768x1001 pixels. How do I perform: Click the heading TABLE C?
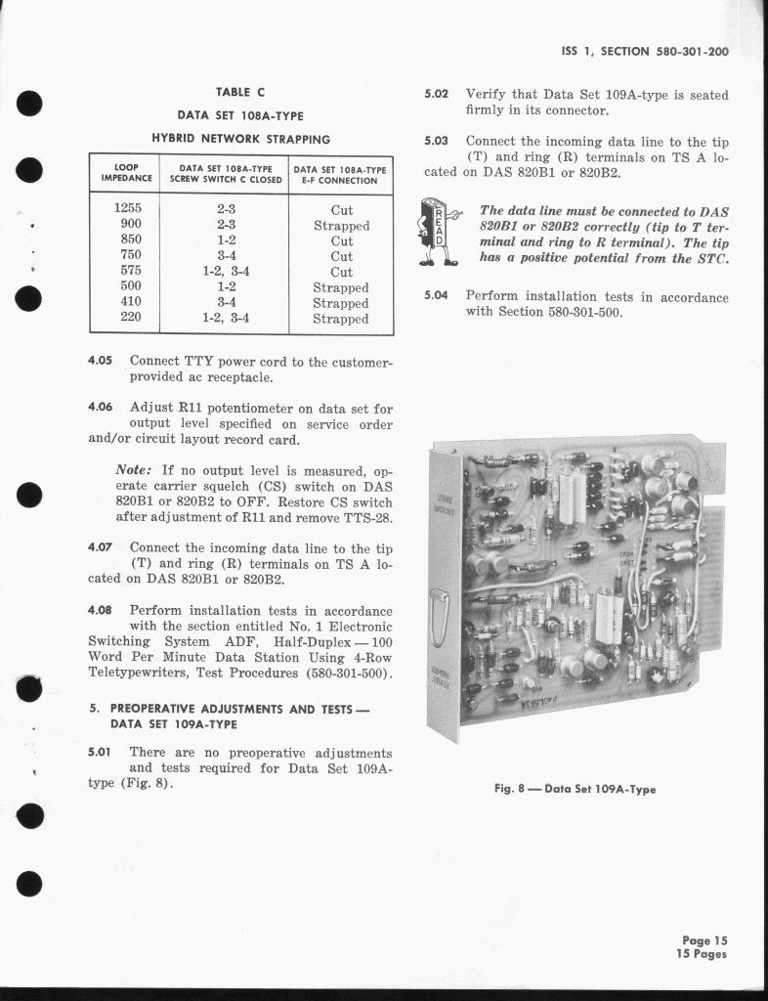point(239,92)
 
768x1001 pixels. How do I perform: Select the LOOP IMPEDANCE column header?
point(127,174)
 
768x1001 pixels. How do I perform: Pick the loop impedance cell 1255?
point(128,209)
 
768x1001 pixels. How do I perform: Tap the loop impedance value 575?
point(128,272)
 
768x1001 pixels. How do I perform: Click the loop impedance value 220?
point(128,318)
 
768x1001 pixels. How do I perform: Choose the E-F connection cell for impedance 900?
point(341,225)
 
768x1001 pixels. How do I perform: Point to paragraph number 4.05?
point(101,361)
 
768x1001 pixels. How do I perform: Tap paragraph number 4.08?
point(101,610)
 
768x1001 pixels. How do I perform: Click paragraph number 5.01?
point(101,753)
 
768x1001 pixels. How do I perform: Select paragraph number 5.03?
point(437,141)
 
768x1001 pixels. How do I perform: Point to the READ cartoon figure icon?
point(436,231)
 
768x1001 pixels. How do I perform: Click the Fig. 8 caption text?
point(575,789)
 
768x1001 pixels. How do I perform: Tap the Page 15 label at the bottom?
point(705,940)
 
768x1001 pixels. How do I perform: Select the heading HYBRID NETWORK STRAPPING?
point(239,139)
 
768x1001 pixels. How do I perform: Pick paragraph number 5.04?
point(437,296)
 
